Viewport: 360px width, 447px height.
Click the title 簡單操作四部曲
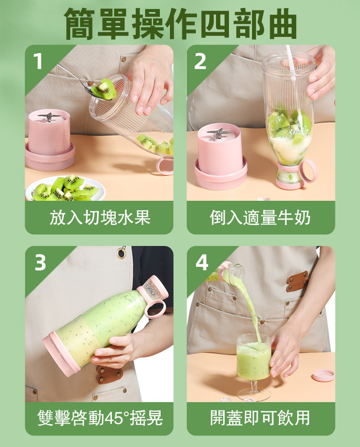pos(180,24)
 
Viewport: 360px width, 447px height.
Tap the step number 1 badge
pos(37,61)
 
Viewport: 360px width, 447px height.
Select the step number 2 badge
pos(200,61)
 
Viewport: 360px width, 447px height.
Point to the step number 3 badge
pos(40,262)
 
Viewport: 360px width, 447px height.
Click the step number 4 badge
pos(202,262)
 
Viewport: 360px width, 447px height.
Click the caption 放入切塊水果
pos(100,218)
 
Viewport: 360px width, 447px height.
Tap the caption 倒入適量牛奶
pos(261,218)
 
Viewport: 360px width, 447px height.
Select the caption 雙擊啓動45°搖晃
pos(100,418)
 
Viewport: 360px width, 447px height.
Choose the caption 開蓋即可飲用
pos(260,418)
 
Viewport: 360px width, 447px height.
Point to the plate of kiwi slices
pos(65,188)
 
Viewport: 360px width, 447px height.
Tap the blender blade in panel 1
pos(49,117)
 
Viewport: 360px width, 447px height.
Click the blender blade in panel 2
pos(219,133)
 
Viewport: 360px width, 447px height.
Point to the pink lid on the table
pos(324,375)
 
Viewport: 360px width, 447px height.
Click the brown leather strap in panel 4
pos(297,281)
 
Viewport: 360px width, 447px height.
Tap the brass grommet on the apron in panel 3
pos(121,253)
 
